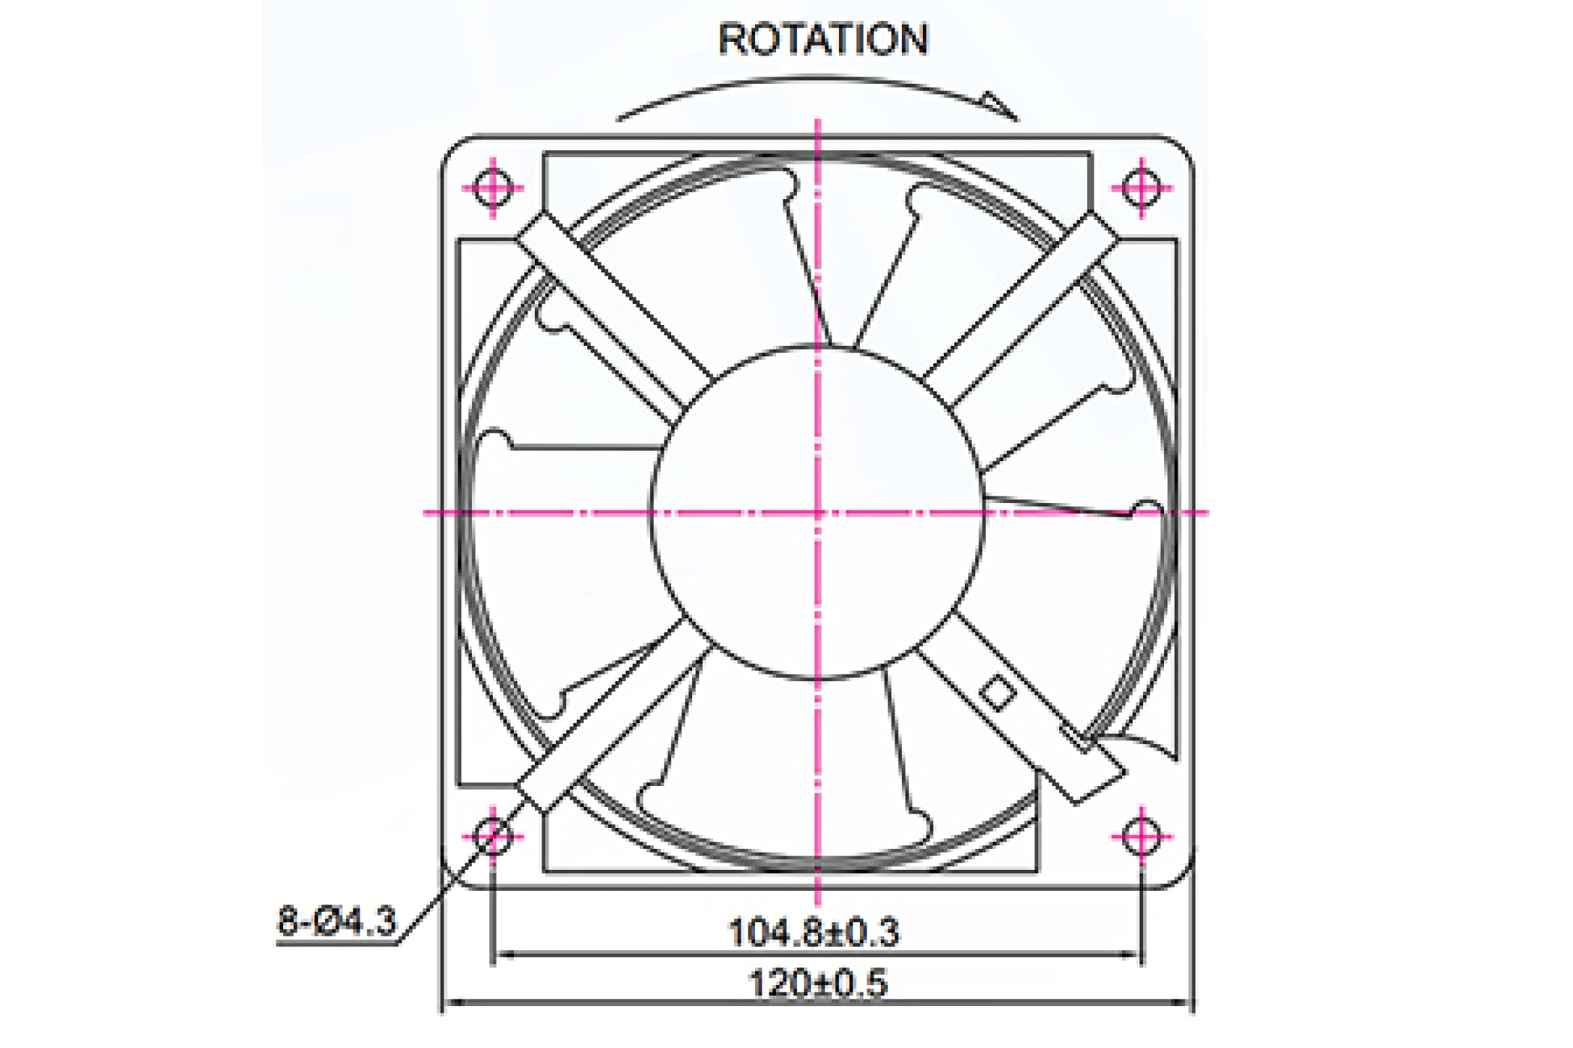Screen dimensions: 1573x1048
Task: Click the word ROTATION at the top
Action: coord(823,39)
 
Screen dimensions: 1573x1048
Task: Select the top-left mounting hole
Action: coord(493,188)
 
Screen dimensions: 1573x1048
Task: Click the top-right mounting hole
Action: coord(1142,188)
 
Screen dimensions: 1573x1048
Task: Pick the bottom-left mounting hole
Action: coord(493,836)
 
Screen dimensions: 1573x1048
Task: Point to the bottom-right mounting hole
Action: coord(1142,836)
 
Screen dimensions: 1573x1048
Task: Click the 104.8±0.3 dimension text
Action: coord(813,932)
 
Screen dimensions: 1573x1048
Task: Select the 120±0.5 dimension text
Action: coord(817,983)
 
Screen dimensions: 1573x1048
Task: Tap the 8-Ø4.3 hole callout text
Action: coord(336,921)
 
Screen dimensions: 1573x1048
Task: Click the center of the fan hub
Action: coord(817,513)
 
